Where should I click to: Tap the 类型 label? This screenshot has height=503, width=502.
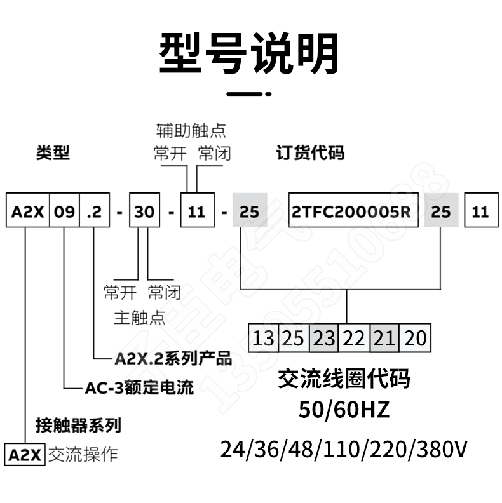[x=53, y=153]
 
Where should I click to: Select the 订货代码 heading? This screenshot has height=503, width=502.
[x=309, y=153]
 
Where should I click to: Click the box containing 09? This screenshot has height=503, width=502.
[x=65, y=211]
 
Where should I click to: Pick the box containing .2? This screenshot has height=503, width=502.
[x=95, y=211]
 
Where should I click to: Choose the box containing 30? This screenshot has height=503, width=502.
[x=145, y=211]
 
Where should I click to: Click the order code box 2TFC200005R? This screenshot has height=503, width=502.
[x=353, y=211]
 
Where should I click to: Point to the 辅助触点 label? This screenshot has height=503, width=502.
[x=191, y=131]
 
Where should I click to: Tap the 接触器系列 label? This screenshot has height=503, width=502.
[x=79, y=424]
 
